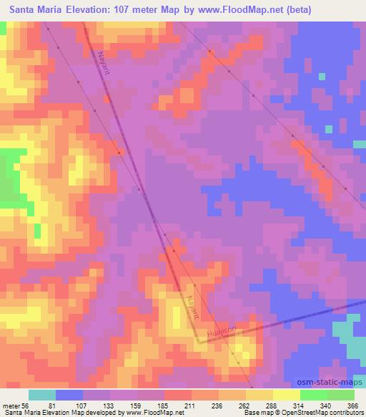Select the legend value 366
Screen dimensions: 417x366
351,405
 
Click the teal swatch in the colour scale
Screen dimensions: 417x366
41,395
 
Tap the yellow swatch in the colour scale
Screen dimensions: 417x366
259,395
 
